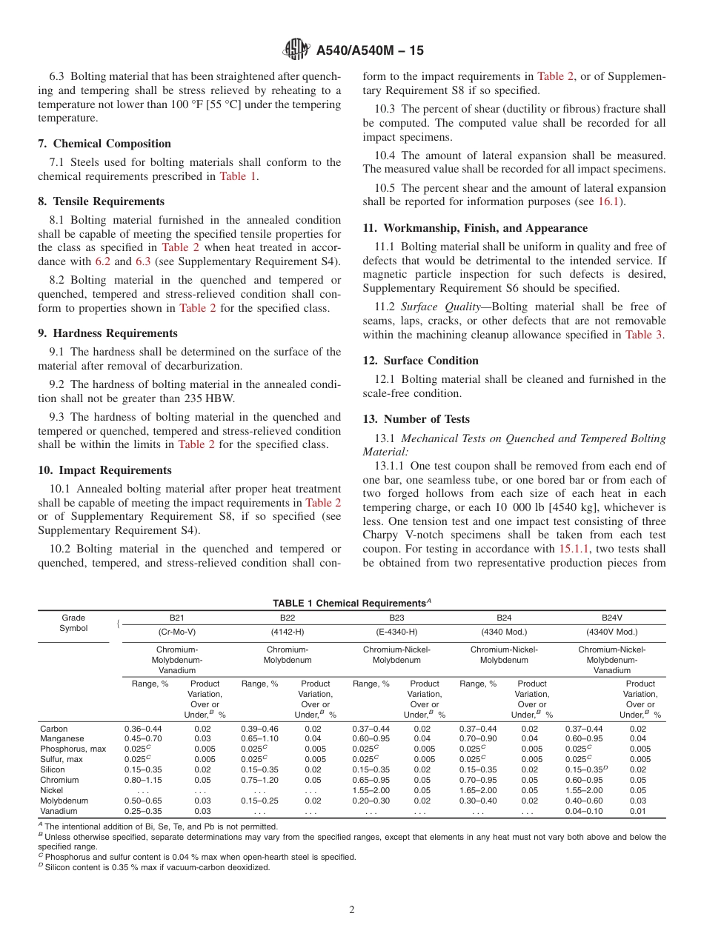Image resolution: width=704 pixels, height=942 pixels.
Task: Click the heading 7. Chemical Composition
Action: coord(104,144)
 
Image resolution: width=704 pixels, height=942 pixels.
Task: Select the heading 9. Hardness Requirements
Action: coord(107,333)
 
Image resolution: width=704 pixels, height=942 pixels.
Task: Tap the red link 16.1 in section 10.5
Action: coord(611,202)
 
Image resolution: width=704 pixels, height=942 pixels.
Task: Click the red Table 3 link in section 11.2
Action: coord(645,335)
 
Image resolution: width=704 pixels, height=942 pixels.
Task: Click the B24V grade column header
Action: coord(611,617)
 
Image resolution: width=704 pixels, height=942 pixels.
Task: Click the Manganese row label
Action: coord(62,738)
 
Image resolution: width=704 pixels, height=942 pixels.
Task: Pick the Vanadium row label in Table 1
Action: coord(59,811)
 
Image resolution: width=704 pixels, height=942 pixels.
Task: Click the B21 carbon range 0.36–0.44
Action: coord(142,728)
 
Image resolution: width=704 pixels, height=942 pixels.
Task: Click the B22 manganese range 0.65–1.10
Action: coord(259,738)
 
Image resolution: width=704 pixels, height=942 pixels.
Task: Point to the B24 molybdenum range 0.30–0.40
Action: coord(478,801)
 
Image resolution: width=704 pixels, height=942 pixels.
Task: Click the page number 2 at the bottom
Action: coord(352,910)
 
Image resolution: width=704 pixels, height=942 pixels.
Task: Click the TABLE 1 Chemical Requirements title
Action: coord(351,603)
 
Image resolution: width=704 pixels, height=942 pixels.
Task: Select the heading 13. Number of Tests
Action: coord(416,419)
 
